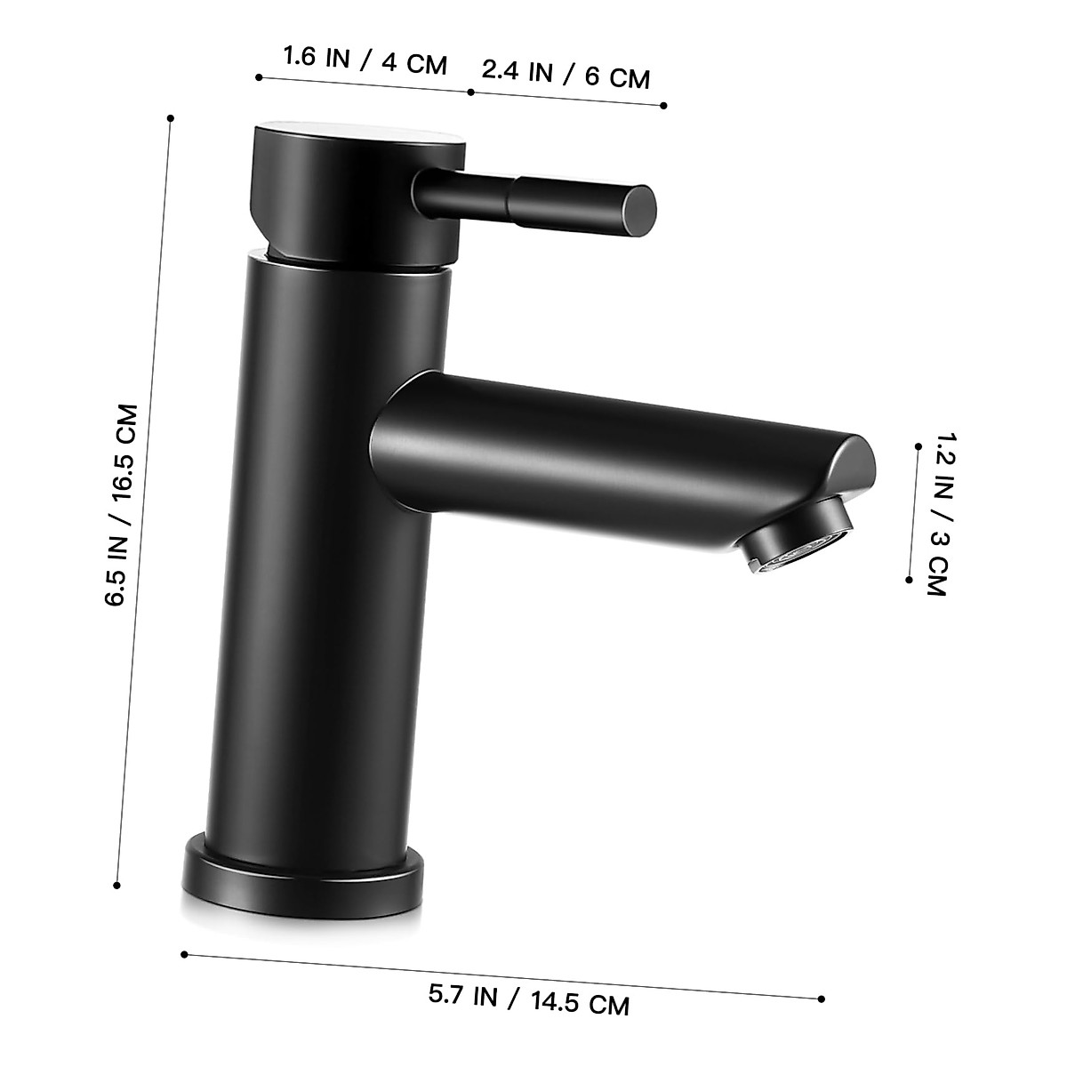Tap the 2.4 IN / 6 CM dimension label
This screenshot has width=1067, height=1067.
[566, 74]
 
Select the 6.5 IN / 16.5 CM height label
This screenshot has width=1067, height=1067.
[122, 505]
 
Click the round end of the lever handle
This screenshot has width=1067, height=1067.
[638, 205]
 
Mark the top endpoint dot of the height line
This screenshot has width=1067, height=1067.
[170, 117]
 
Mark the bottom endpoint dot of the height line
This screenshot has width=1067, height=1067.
[117, 885]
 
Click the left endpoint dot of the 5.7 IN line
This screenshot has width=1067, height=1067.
[184, 955]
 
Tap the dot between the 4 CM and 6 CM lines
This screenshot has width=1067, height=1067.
[469, 92]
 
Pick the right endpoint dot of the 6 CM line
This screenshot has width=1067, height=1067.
[664, 106]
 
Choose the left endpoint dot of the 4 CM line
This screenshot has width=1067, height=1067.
[259, 77]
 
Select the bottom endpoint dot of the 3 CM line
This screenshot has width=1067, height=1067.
[909, 579]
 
